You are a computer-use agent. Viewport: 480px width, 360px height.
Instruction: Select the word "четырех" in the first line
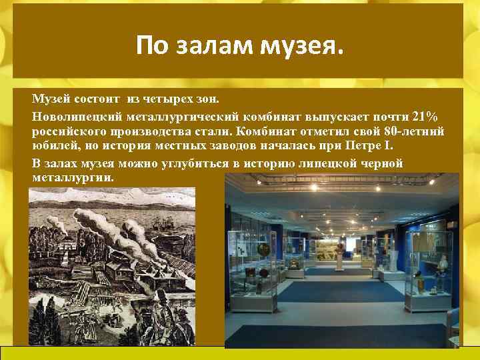[x=159, y=99]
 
